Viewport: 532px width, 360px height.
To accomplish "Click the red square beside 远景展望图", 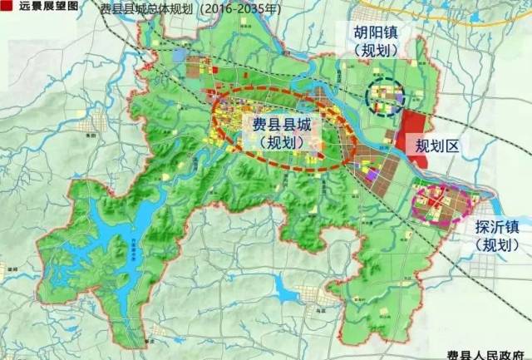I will click(x=5, y=5).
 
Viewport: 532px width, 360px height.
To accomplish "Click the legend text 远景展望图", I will click(x=39, y=5).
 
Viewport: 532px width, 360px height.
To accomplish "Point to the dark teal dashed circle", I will click(x=384, y=97).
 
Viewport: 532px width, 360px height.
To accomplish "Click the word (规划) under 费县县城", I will click(x=282, y=142).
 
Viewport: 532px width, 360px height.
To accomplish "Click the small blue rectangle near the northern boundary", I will click(x=180, y=55).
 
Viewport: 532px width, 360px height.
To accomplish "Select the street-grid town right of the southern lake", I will click(x=312, y=294).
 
